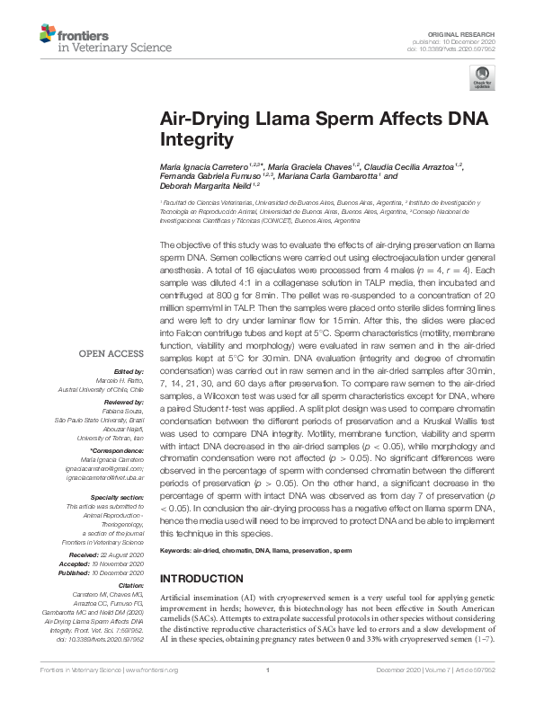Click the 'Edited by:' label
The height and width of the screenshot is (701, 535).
pos(129,372)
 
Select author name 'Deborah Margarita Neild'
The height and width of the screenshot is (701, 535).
pos(205,184)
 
